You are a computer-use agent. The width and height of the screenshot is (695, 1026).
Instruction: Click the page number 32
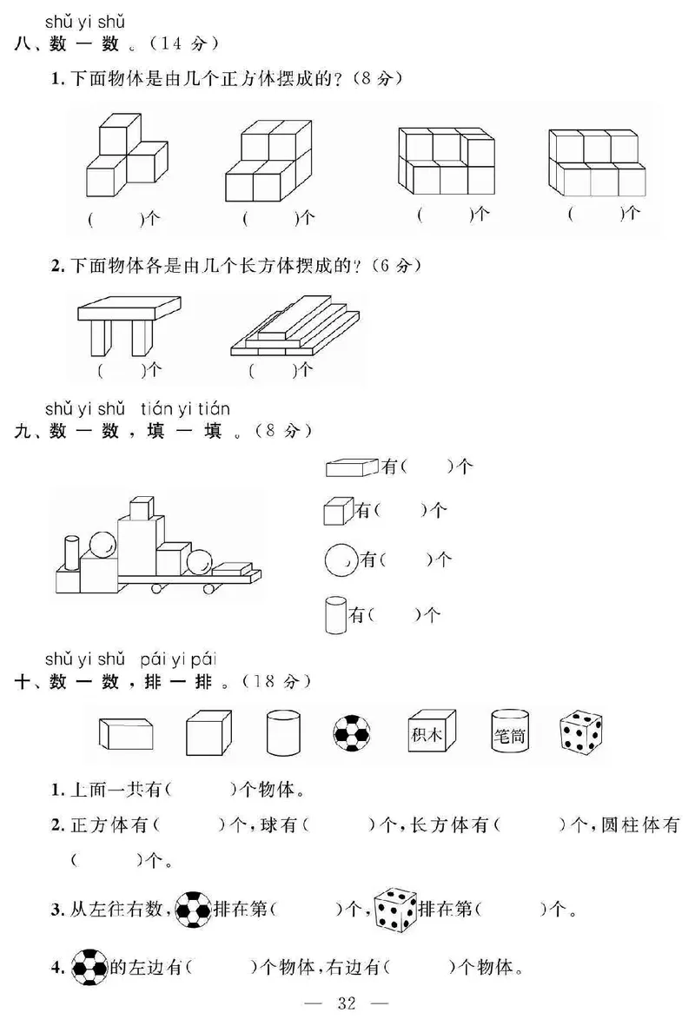347,1004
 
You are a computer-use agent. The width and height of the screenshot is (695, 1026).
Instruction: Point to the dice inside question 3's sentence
395,910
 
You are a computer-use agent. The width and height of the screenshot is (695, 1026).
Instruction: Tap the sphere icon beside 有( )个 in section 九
341,559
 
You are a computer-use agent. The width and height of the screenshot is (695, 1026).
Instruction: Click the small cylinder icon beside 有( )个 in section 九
334,614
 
